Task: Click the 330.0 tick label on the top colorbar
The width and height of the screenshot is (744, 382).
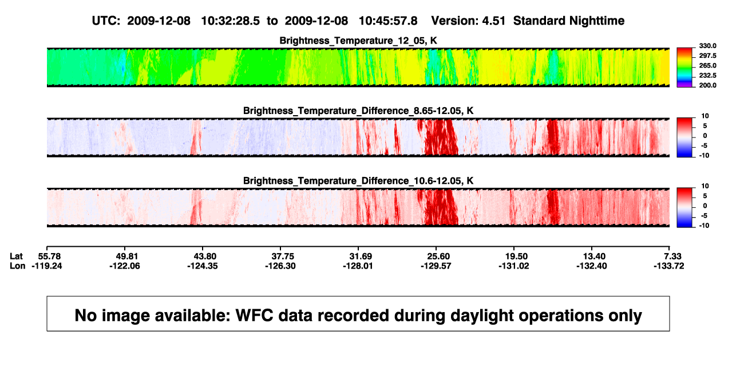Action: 707,46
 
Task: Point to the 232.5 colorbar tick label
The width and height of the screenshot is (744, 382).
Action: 707,76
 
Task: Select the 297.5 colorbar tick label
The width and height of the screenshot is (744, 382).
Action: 707,56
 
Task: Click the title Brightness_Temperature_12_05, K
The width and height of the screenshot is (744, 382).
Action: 358,41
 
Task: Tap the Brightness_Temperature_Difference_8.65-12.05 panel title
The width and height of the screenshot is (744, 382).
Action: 358,111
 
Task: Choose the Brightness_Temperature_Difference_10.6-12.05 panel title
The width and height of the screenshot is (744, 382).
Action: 358,181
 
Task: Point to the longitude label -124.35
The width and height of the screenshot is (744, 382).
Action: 202,266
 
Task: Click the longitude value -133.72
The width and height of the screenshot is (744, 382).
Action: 669,266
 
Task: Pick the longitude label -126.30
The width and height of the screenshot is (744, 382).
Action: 280,266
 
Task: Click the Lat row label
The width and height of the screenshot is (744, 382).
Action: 16,257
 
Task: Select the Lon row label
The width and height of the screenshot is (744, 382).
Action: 17,266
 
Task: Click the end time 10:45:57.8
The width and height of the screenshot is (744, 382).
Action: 388,21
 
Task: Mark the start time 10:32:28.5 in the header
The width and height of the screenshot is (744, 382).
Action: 230,21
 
